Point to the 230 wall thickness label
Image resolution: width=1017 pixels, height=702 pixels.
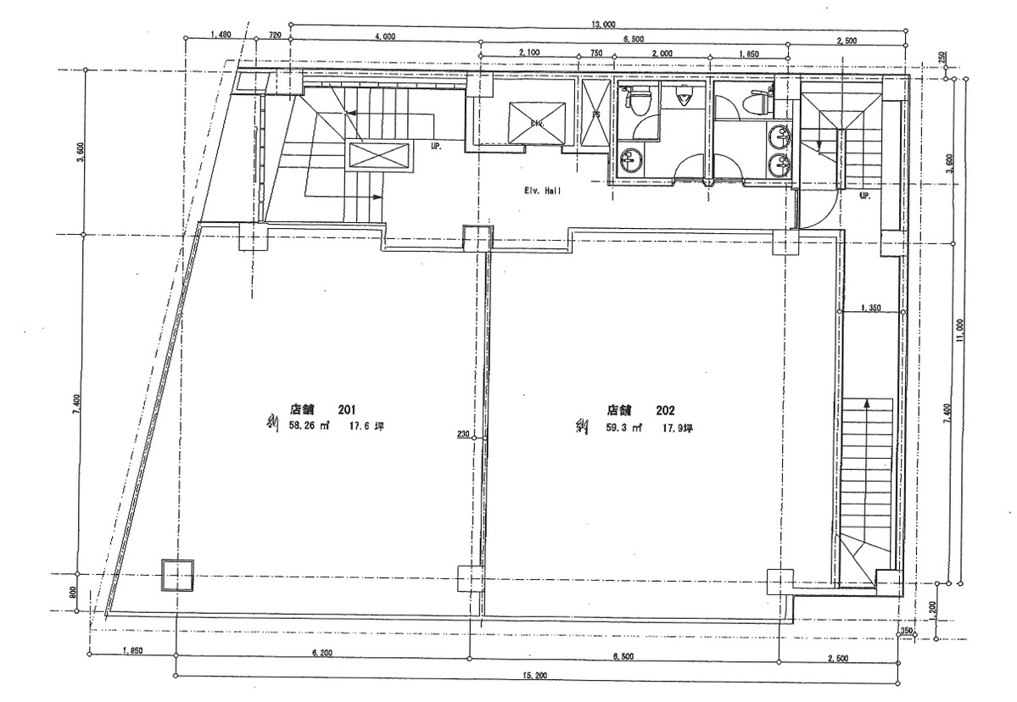463,435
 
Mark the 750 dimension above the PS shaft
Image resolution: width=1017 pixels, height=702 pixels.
595,53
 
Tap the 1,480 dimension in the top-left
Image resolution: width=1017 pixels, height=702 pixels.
220,36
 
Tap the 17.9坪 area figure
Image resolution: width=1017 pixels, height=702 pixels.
679,429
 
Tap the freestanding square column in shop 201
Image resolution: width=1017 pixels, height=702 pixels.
177,576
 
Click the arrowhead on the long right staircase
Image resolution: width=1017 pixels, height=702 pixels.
867,404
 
